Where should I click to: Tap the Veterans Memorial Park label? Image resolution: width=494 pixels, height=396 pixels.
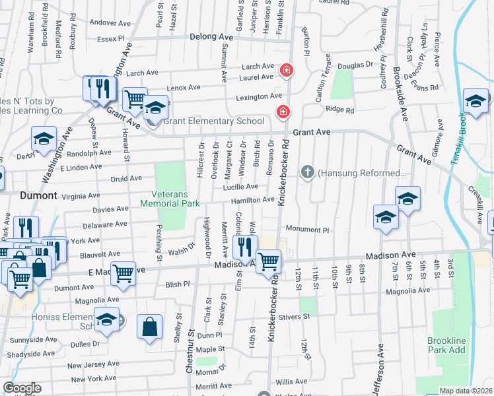coord(170,199)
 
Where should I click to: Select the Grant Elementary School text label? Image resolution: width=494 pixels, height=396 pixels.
coord(214,121)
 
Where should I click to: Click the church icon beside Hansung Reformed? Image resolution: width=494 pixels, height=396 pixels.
coord(307,173)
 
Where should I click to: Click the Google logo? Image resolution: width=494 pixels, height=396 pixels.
coord(21,388)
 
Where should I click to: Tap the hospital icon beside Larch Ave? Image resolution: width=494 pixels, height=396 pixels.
coord(286,69)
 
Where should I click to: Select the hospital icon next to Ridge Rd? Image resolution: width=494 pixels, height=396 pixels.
coord(283,112)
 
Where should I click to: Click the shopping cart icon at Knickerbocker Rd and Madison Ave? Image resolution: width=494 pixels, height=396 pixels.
coord(268,261)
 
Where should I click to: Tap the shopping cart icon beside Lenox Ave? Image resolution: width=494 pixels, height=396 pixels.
coord(135,100)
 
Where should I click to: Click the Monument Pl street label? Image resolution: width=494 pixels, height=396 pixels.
coord(306,229)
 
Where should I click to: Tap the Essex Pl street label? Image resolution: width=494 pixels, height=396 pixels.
coord(110,39)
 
